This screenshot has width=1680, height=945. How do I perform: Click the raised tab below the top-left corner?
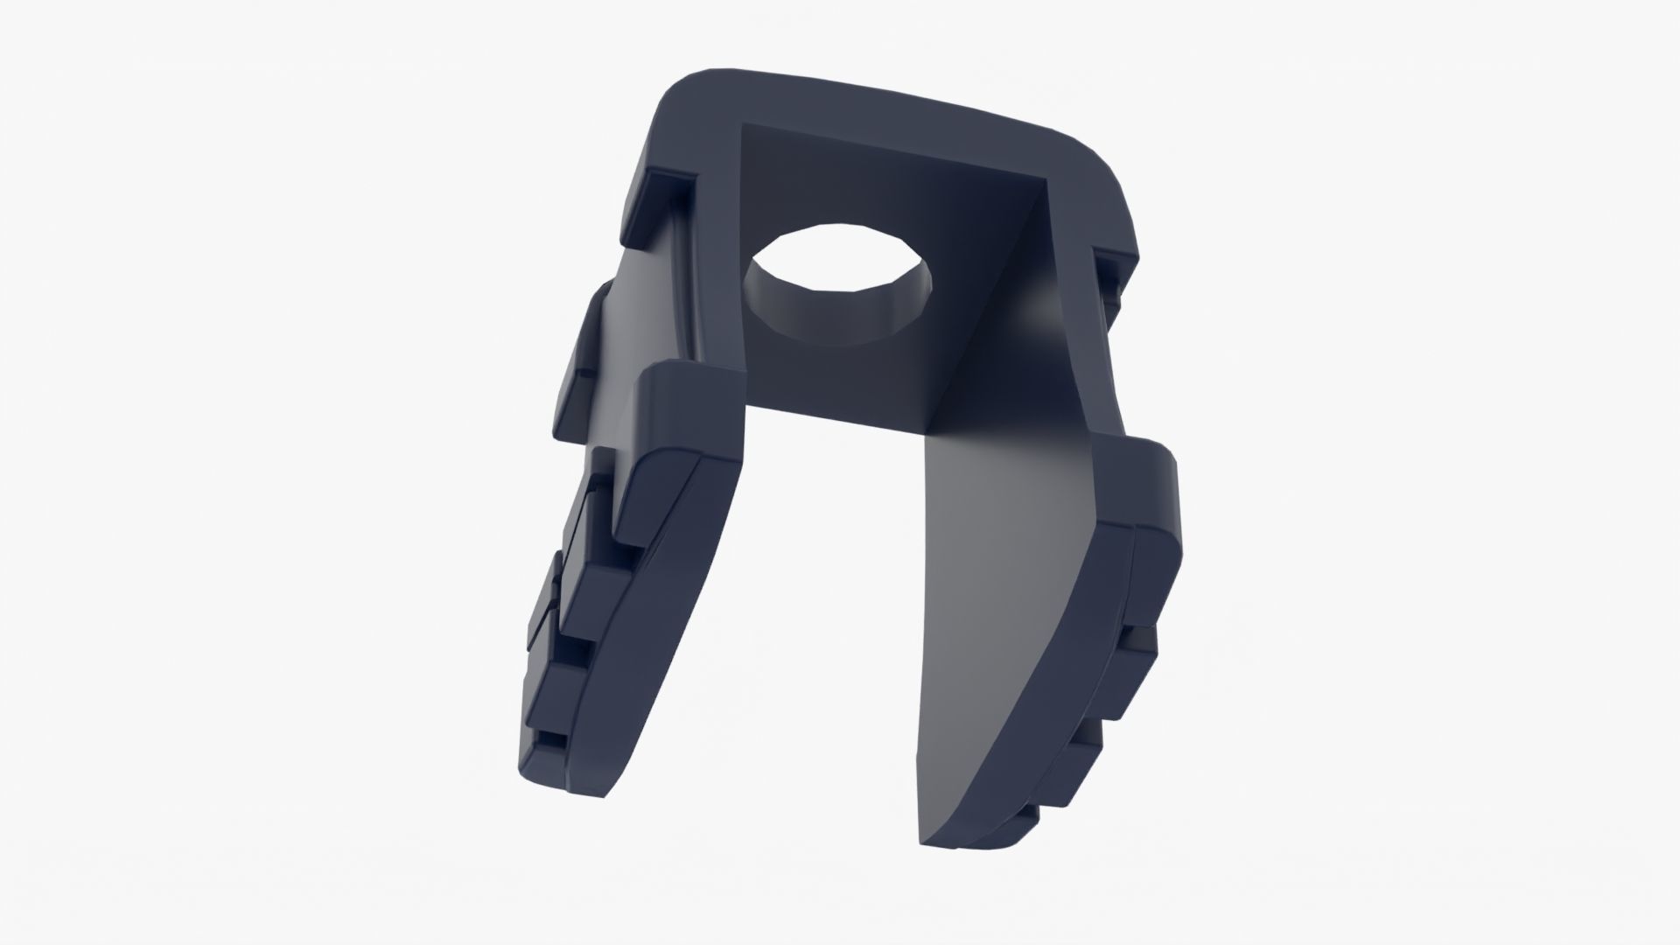pos(656,192)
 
